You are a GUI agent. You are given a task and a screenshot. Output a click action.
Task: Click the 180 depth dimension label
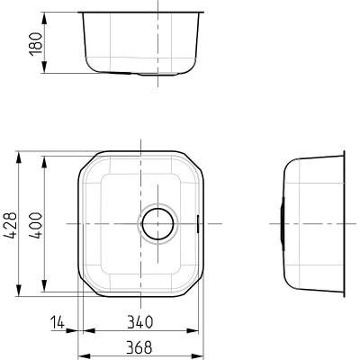[x=35, y=43]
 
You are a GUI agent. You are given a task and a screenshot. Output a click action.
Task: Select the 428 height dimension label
[x=10, y=225]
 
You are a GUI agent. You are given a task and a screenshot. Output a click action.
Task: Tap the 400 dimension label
[x=36, y=225]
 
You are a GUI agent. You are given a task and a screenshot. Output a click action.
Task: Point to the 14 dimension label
[x=58, y=322]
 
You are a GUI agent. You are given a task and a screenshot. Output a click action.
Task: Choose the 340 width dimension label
[x=140, y=322]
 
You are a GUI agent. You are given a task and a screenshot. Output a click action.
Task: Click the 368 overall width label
[x=139, y=347]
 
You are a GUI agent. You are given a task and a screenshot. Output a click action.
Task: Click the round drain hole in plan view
[x=157, y=224]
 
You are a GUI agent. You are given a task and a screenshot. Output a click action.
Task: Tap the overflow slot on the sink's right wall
[x=197, y=224]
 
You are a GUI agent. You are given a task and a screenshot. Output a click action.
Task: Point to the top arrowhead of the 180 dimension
[x=44, y=19]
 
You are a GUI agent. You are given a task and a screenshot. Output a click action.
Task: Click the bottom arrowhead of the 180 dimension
[x=44, y=67]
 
